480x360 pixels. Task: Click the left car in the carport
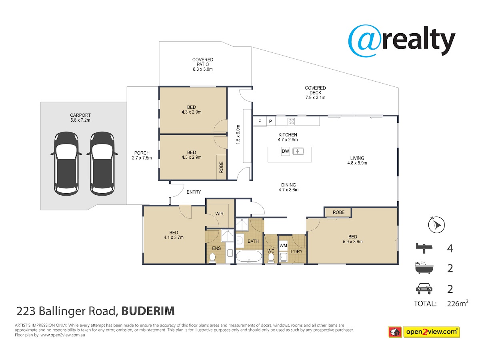66,163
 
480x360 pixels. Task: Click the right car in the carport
102,163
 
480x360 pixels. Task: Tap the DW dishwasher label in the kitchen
285,151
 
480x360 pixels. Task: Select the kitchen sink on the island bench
298,151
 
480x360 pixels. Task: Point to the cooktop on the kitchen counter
291,121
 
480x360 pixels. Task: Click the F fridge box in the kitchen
260,121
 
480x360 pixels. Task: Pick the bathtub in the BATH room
249,257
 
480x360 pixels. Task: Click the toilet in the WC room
271,258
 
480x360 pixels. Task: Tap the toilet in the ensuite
212,258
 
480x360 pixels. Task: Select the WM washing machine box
283,246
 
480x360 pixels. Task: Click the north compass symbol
436,225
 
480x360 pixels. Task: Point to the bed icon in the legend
424,248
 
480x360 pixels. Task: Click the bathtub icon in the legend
424,268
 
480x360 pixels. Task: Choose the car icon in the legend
424,289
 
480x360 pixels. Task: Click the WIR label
219,214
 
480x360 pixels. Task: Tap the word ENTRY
194,192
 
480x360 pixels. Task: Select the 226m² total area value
458,303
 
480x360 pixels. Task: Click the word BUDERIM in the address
148,311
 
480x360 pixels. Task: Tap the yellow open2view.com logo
431,332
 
